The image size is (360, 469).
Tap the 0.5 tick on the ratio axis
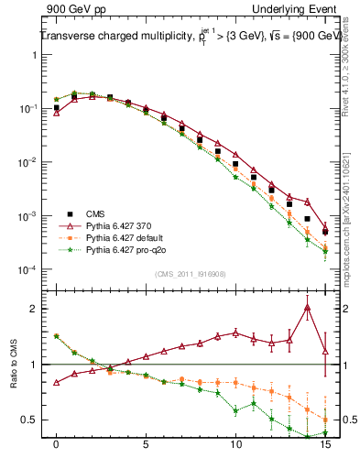click(x=33, y=420)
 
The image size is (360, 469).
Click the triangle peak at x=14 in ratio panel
click(x=307, y=308)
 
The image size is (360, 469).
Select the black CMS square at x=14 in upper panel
click(x=307, y=219)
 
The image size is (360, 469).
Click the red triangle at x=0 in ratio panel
click(x=56, y=383)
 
